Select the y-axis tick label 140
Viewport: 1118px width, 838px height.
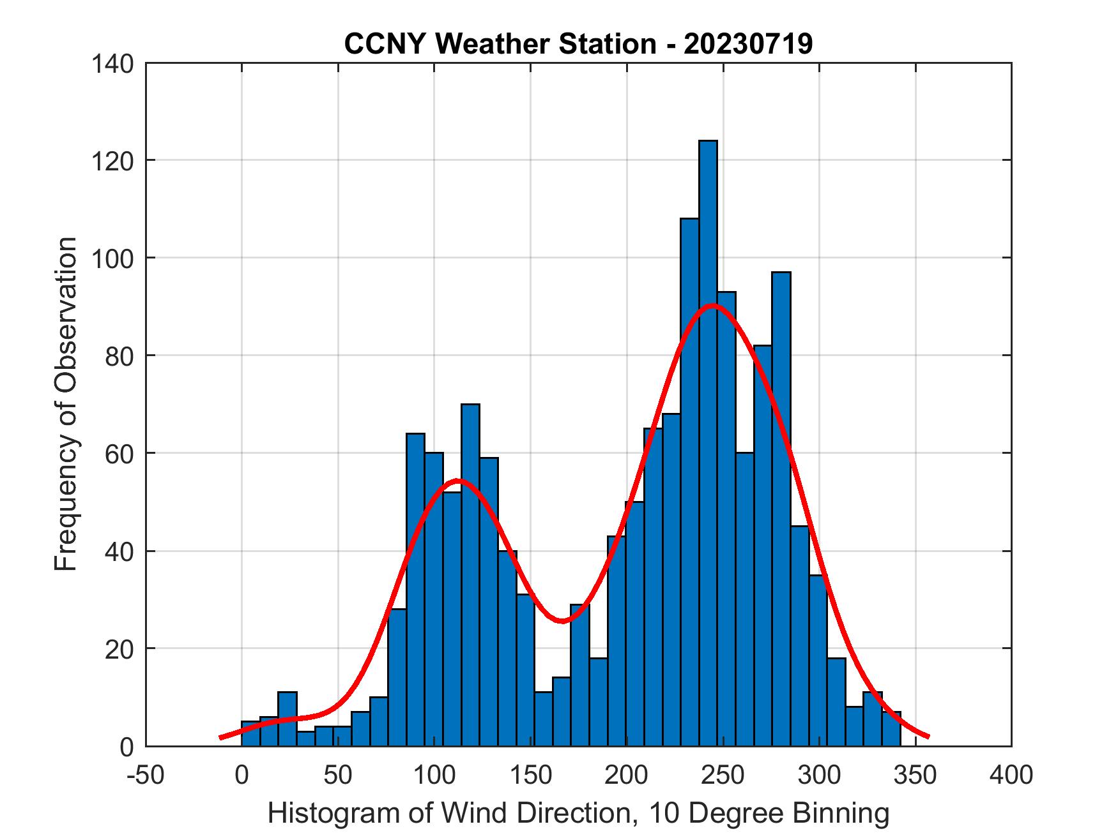point(112,63)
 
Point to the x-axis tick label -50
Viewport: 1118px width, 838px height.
point(146,775)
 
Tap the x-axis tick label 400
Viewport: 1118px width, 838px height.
point(1011,775)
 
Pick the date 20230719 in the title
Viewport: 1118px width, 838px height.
point(748,44)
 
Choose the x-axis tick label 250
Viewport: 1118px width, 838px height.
point(723,775)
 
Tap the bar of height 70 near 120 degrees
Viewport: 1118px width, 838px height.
point(470,574)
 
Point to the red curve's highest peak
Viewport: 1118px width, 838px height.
point(713,306)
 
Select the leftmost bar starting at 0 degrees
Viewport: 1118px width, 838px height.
point(250,734)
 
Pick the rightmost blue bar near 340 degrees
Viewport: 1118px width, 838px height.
point(891,730)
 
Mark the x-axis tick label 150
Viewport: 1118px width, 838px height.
point(530,775)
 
